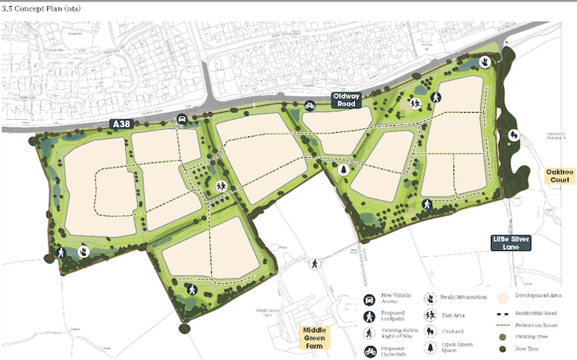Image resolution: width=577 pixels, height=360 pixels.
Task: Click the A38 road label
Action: point(120,124)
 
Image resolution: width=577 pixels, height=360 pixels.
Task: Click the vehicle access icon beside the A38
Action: point(181,118)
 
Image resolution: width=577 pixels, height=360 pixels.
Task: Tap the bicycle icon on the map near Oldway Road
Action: point(309,105)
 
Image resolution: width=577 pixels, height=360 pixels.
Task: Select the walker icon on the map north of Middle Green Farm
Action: point(314,264)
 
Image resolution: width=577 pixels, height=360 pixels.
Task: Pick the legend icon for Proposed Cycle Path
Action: point(370,351)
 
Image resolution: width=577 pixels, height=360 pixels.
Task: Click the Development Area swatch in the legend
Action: point(503,297)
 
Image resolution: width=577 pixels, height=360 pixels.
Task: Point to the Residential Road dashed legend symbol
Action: point(503,313)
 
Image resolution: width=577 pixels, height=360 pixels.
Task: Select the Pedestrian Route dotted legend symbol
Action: point(503,325)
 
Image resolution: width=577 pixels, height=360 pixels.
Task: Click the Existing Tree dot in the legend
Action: point(503,337)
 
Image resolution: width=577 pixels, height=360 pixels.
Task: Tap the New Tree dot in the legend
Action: point(503,349)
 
